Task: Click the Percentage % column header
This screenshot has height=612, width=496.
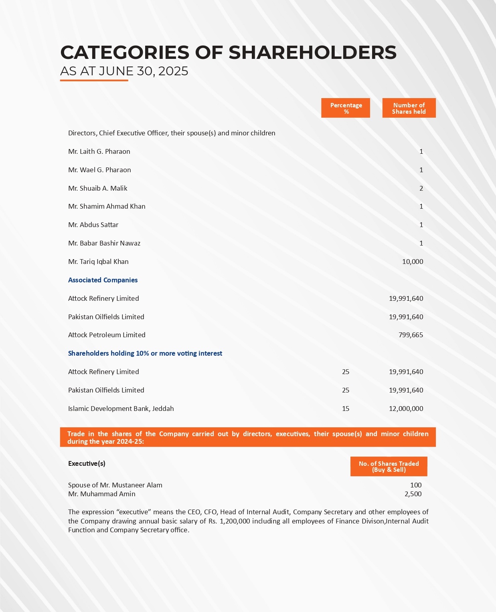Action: (346, 108)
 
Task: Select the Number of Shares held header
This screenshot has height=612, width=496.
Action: (409, 108)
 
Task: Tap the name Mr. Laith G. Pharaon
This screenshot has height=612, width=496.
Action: (99, 151)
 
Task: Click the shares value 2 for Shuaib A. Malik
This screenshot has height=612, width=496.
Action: (421, 188)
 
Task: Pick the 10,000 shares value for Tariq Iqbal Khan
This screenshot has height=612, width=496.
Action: (413, 262)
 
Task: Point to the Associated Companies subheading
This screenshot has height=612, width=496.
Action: (103, 280)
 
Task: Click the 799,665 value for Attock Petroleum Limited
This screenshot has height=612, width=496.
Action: (411, 335)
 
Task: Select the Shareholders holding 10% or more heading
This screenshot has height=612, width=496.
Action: (145, 353)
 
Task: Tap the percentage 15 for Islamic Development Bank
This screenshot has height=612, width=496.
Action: (346, 409)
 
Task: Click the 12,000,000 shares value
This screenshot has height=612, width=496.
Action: (406, 409)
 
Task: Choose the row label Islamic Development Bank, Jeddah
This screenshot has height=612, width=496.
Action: (121, 409)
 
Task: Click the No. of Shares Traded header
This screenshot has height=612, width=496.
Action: (389, 467)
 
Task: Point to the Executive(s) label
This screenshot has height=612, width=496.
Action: (87, 463)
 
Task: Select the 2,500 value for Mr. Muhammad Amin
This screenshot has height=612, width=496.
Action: (413, 494)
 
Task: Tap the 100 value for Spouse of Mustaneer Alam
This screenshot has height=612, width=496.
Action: (416, 485)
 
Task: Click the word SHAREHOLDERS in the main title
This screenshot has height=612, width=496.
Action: (312, 52)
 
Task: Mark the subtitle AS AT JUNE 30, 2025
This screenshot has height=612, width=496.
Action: (124, 71)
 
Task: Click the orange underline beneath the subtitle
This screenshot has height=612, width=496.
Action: (94, 81)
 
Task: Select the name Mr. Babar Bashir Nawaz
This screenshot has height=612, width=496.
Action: (104, 243)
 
